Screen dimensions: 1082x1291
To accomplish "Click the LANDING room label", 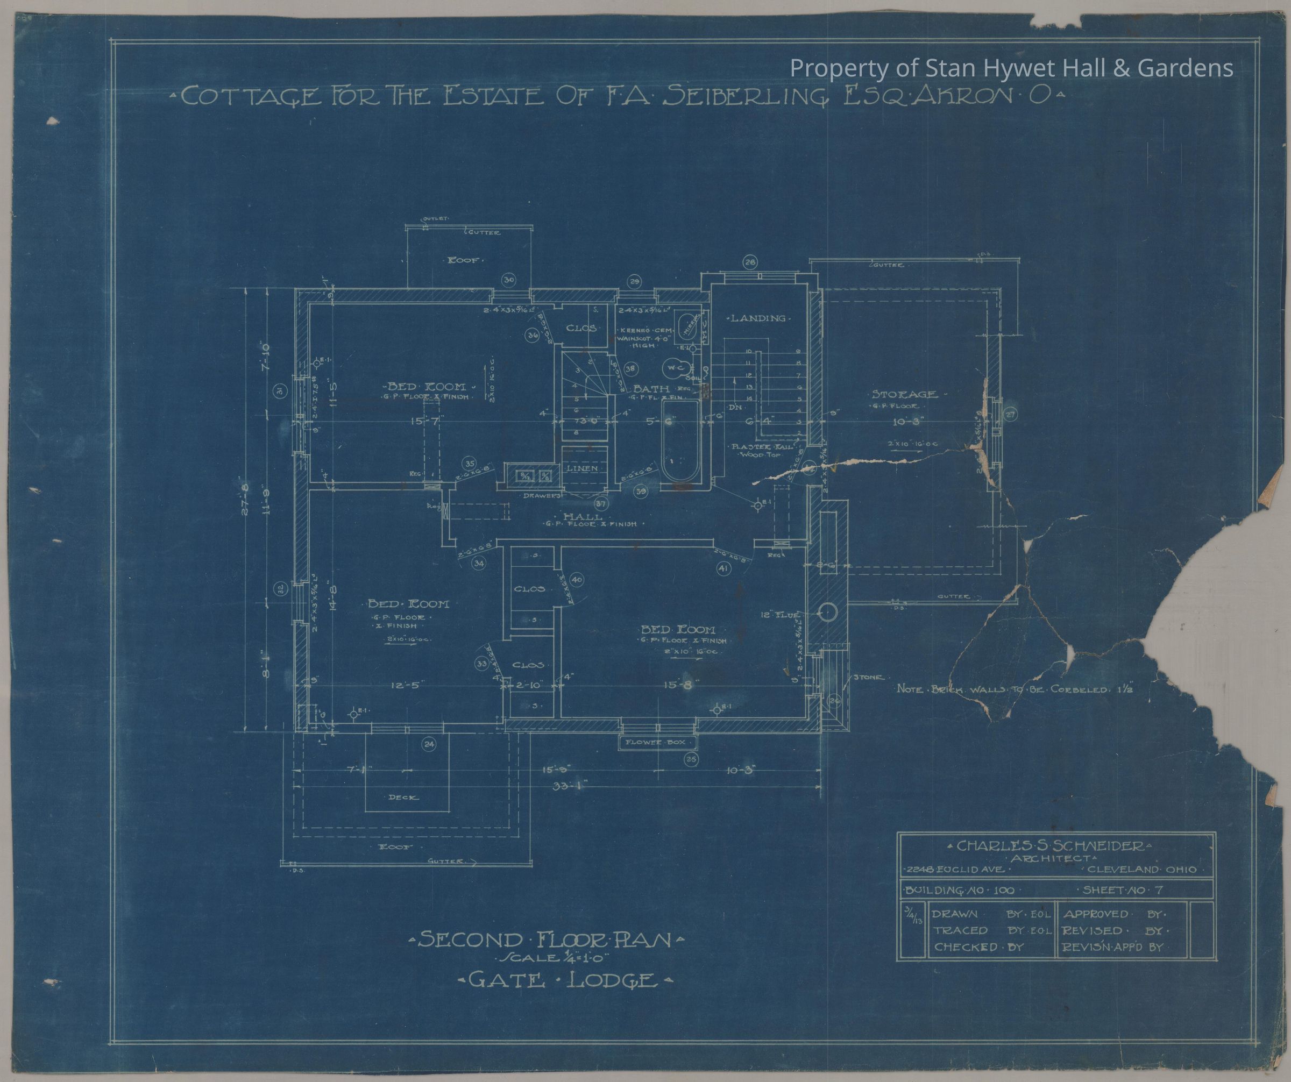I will coord(757,318).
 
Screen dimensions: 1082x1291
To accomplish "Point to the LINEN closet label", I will coord(583,468).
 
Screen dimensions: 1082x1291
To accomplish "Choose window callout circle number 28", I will coord(750,262).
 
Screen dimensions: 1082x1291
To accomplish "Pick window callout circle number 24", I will coord(429,745).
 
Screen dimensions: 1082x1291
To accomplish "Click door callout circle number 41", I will coord(723,570).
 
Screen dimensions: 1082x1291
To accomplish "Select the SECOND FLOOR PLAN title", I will coord(547,941).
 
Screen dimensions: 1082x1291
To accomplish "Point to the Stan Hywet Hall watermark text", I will coord(1011,68).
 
